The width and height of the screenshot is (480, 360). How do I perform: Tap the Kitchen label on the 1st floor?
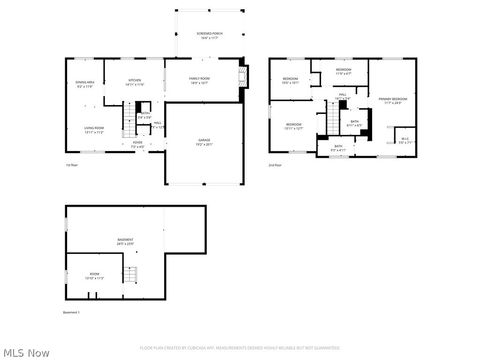pyautogui.click(x=135, y=83)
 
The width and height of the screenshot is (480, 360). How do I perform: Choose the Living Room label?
pyautogui.click(x=94, y=130)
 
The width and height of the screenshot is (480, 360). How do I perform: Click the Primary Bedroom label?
pyautogui.click(x=392, y=100)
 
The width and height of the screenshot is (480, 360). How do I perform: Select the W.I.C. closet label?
pyautogui.click(x=404, y=140)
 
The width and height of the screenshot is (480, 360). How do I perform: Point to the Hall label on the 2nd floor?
pyautogui.click(x=342, y=96)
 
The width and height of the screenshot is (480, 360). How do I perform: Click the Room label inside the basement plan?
pyautogui.click(x=94, y=276)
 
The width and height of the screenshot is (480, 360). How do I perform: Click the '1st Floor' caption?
pyautogui.click(x=71, y=165)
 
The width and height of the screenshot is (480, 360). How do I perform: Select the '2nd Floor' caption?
pyautogui.click(x=274, y=165)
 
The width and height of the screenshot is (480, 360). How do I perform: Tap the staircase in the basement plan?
pyautogui.click(x=129, y=274)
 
